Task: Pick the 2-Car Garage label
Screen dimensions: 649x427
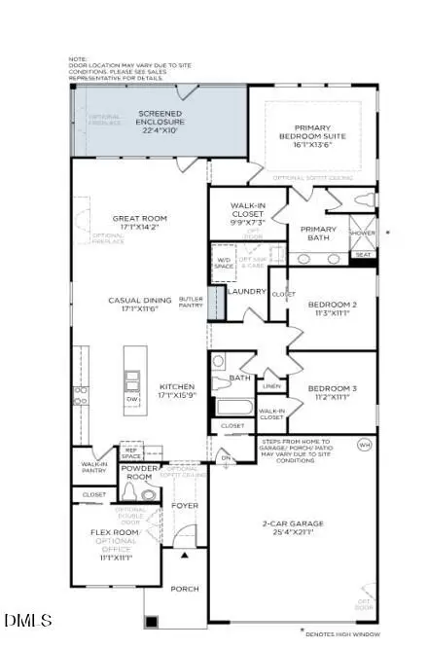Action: click(291, 529)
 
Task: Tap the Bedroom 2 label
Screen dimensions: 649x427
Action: click(333, 309)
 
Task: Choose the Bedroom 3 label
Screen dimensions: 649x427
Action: click(333, 394)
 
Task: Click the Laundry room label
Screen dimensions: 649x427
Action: click(246, 291)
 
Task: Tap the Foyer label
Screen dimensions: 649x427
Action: click(185, 505)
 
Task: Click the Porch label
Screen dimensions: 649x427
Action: click(185, 589)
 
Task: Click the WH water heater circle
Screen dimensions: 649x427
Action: click(365, 445)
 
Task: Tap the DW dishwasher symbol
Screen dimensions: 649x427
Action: click(132, 398)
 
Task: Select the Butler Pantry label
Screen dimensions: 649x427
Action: click(192, 303)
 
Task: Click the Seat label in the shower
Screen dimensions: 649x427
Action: click(363, 254)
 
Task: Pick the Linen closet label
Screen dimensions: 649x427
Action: click(272, 386)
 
